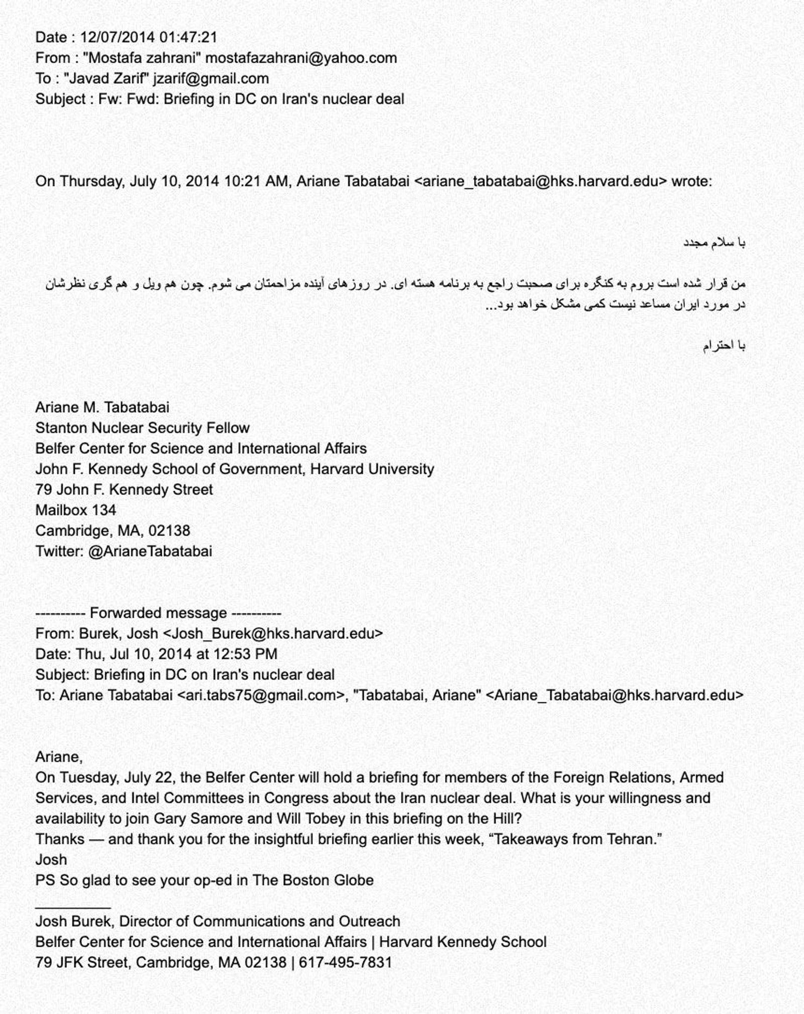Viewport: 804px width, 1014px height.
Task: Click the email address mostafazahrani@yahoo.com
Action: tap(301, 58)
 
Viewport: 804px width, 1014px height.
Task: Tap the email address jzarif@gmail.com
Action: tap(211, 79)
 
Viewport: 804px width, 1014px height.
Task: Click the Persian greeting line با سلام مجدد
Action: tap(714, 243)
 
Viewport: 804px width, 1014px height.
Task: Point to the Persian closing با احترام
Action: tap(724, 346)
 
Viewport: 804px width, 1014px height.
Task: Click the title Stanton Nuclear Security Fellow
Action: tap(142, 428)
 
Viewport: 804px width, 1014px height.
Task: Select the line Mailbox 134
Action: tap(76, 510)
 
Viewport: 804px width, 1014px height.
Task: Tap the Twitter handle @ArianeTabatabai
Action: tap(150, 551)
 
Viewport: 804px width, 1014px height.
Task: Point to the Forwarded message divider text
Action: tap(158, 613)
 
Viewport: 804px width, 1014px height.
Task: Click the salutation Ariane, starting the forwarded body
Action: tap(59, 757)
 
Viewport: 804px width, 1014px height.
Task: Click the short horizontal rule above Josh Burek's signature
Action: tap(73, 908)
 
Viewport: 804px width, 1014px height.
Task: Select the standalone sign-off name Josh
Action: tap(51, 860)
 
